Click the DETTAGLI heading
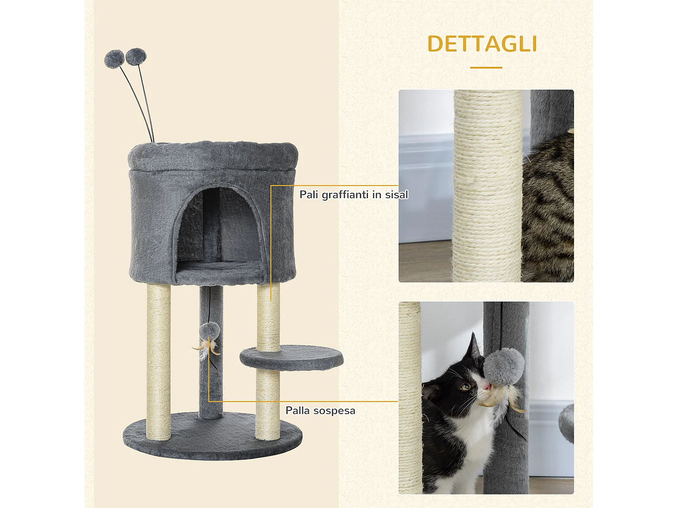pos(482,44)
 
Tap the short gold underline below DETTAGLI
pos(486,68)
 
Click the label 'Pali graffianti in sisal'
pos(353,195)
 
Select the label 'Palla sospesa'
pos(320,410)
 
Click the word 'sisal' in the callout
pos(396,195)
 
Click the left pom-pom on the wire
pos(114,59)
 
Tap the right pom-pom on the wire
pos(136,57)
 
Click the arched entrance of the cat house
pos(219,226)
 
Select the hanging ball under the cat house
pos(210,331)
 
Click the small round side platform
pos(292,357)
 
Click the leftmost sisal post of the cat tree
pos(159,361)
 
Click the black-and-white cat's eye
pos(466,387)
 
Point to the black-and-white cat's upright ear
pos(474,347)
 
